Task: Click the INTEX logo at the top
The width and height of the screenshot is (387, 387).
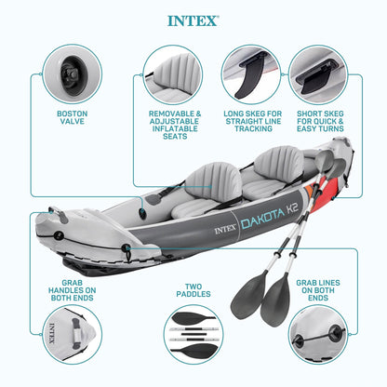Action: click(x=193, y=20)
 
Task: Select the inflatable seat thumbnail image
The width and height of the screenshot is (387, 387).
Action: click(x=167, y=73)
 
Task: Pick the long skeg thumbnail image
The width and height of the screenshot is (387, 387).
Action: click(x=250, y=73)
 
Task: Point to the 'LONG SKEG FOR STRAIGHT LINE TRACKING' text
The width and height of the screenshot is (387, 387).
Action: click(x=250, y=124)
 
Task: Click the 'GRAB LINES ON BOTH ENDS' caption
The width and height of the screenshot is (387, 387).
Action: click(x=316, y=287)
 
